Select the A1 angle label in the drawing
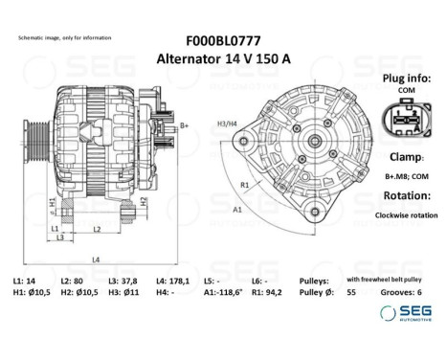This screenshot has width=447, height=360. point(237,207)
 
